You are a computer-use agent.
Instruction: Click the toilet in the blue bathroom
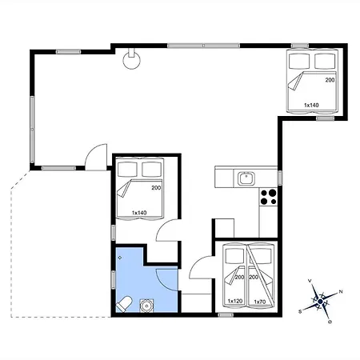coord(125,304)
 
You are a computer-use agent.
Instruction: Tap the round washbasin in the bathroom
coord(146,306)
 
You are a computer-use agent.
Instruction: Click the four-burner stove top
coord(268,197)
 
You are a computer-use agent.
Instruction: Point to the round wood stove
coord(131,60)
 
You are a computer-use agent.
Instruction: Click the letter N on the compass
coord(341,292)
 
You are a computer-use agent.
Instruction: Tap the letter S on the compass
coord(300,311)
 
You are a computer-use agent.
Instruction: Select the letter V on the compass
coord(310,281)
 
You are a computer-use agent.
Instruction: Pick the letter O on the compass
coord(330,322)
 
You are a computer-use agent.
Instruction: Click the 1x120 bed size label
coord(235,301)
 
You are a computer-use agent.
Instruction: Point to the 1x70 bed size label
coord(260,302)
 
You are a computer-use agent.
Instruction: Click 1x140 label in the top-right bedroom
coord(311,105)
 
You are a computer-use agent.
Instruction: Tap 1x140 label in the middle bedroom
coord(139,213)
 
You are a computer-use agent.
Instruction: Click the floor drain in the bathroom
coord(120,258)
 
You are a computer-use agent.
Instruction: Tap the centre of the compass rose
coord(320,302)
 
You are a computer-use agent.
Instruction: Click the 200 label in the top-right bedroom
coord(330,80)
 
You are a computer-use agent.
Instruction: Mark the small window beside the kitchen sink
coord(280,178)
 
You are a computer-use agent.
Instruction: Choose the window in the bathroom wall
coord(114,280)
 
